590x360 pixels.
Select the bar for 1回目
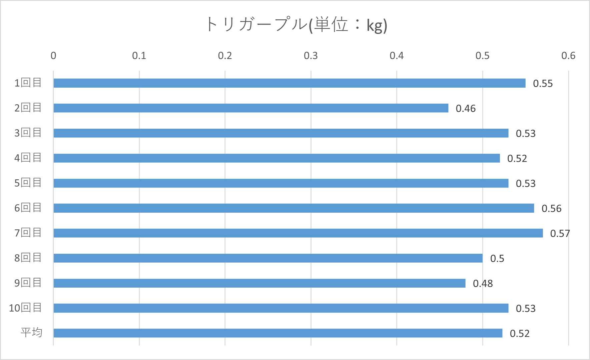pyautogui.click(x=289, y=83)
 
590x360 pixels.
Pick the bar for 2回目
pyautogui.click(x=251, y=108)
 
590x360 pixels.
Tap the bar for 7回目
pyautogui.click(x=298, y=233)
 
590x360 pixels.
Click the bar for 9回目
pyautogui.click(x=259, y=283)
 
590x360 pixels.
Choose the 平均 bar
pyautogui.click(x=278, y=333)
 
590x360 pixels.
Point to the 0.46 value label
pyautogui.click(x=466, y=108)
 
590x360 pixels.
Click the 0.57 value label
pyautogui.click(x=560, y=233)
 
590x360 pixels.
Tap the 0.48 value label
pyautogui.click(x=483, y=283)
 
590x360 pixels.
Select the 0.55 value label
pyautogui.click(x=543, y=83)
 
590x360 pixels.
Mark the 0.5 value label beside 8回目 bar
pyautogui.click(x=497, y=258)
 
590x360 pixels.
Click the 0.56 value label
pyautogui.click(x=551, y=208)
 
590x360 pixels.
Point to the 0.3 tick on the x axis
pyautogui.click(x=311, y=56)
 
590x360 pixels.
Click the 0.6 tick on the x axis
pyautogui.click(x=568, y=56)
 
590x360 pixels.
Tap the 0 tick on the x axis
pyautogui.click(x=53, y=56)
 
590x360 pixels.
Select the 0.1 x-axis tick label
pyautogui.click(x=139, y=56)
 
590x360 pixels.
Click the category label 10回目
pyautogui.click(x=25, y=308)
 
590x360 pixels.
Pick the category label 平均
pyautogui.click(x=31, y=332)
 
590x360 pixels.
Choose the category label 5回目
pyautogui.click(x=28, y=183)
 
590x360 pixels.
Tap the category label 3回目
pyautogui.click(x=28, y=133)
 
